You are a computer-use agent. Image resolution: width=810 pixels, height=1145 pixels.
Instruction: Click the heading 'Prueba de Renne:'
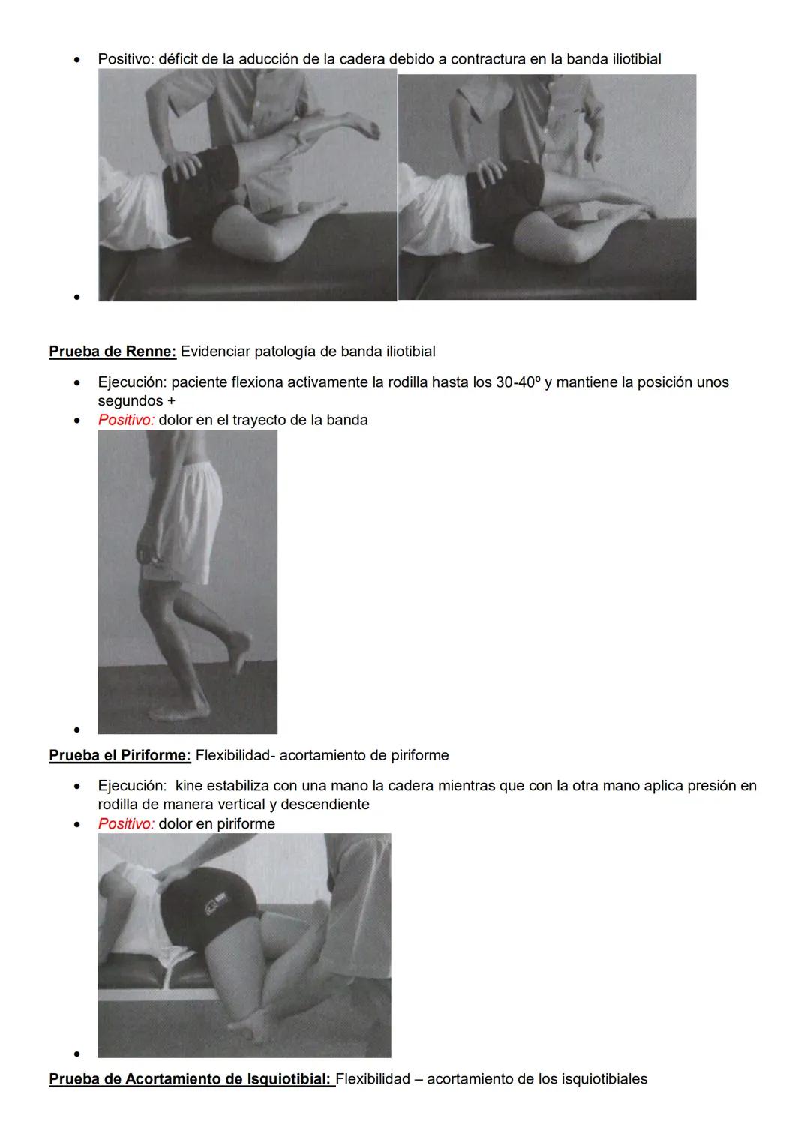click(112, 351)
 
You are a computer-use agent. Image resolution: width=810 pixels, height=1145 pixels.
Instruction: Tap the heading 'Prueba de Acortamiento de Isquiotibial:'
click(191, 1079)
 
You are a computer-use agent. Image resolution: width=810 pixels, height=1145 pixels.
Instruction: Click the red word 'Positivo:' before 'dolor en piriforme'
click(126, 823)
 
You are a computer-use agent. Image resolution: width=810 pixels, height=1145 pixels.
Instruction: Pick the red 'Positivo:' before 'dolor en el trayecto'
click(126, 420)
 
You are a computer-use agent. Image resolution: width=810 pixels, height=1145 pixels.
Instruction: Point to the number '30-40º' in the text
click(518, 382)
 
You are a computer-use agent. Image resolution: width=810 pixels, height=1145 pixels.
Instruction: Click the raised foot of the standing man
click(241, 649)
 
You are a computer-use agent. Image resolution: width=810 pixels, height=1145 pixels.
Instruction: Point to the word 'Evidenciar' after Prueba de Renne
click(215, 351)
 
